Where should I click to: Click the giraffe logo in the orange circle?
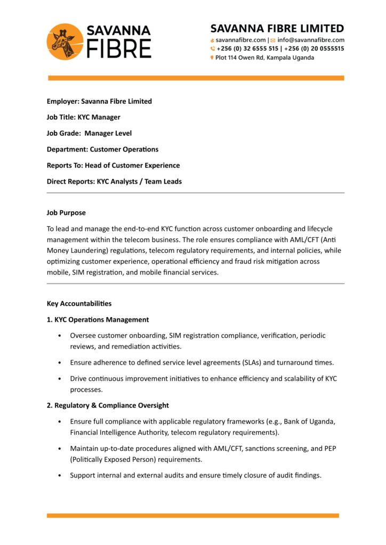point(65,42)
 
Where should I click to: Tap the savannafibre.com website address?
point(240,40)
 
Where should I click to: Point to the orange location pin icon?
point(212,57)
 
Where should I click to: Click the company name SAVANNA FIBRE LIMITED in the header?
point(277,28)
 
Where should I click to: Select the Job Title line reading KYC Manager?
point(84,117)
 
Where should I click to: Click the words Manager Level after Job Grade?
point(108,133)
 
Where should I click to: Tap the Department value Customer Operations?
point(124,149)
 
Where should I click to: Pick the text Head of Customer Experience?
point(132,165)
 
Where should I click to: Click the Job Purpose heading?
point(66,212)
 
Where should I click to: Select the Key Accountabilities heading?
point(79,303)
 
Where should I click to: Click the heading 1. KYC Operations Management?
point(98,319)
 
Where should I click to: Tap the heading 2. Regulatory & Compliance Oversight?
point(108,405)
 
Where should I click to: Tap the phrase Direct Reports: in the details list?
point(71,181)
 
